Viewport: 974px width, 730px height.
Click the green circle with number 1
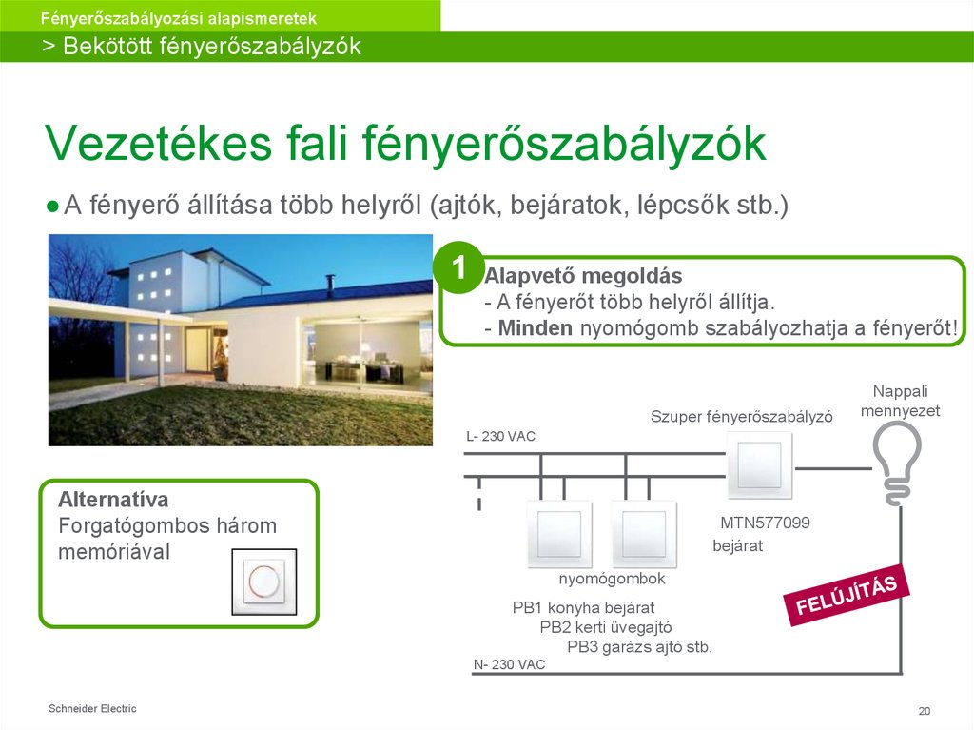click(x=459, y=268)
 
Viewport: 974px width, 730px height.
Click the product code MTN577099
click(x=765, y=523)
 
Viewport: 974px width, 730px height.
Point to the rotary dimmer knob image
click(x=263, y=582)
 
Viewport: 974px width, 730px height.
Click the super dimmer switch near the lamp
click(x=758, y=464)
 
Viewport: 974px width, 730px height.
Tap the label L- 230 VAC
click(x=500, y=437)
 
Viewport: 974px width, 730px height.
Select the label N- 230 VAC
click(x=509, y=664)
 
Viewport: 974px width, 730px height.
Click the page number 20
click(x=924, y=712)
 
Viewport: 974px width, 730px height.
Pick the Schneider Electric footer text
click(x=92, y=708)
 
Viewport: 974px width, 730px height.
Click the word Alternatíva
click(x=113, y=500)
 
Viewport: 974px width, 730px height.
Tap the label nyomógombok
click(x=612, y=579)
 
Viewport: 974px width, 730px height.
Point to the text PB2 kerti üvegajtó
click(x=606, y=627)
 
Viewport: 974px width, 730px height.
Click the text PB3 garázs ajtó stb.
click(x=639, y=647)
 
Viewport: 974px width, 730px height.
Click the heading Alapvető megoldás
click(x=583, y=277)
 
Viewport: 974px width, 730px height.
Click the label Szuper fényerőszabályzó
click(x=742, y=417)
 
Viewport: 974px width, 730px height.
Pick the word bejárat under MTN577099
click(x=737, y=546)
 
